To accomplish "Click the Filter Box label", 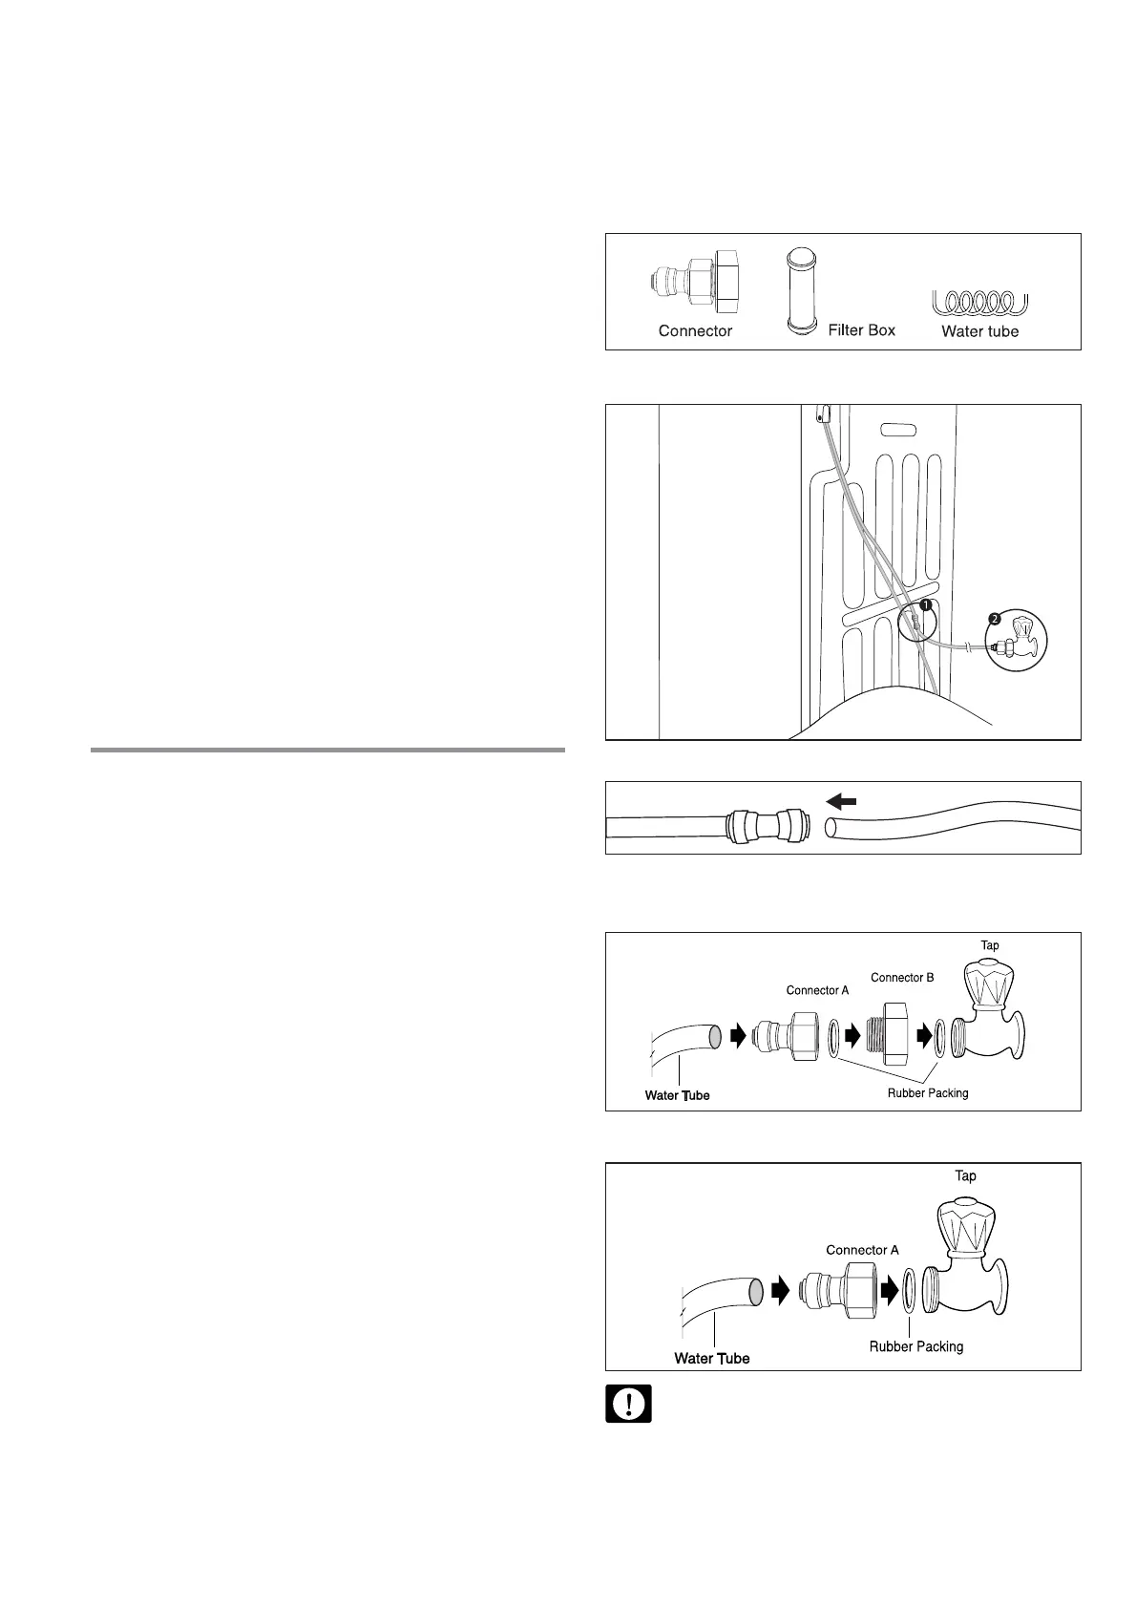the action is click(x=861, y=330).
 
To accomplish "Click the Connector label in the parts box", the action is click(x=695, y=331).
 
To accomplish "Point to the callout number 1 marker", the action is click(x=925, y=604).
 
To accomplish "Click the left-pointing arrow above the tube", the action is click(x=843, y=801).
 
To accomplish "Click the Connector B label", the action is click(x=902, y=978).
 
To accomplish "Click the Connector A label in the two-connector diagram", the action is click(x=817, y=990).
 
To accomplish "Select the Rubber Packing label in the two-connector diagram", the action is click(x=928, y=1093).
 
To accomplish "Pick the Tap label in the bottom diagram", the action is click(x=965, y=1176).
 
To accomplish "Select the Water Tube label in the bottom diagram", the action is click(x=711, y=1358).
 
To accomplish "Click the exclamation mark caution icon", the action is click(x=628, y=1405).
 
